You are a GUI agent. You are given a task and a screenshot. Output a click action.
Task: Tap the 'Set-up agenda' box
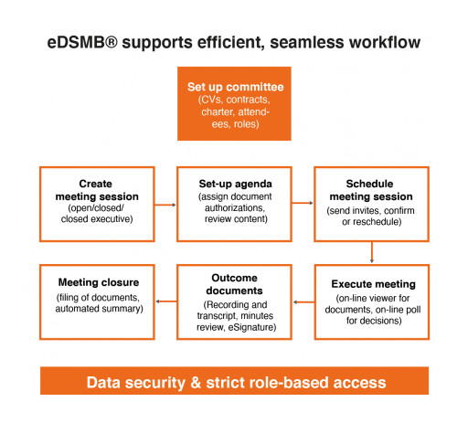pos(233,204)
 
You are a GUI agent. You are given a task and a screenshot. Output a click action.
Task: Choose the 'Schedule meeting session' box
pos(370,204)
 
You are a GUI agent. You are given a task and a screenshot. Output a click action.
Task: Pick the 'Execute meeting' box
pos(370,302)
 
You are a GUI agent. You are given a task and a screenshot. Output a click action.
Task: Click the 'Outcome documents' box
pos(233,302)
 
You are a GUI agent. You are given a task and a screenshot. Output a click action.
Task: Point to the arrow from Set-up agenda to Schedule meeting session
pos(302,206)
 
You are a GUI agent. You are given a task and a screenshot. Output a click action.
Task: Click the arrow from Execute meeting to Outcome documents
pos(302,301)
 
